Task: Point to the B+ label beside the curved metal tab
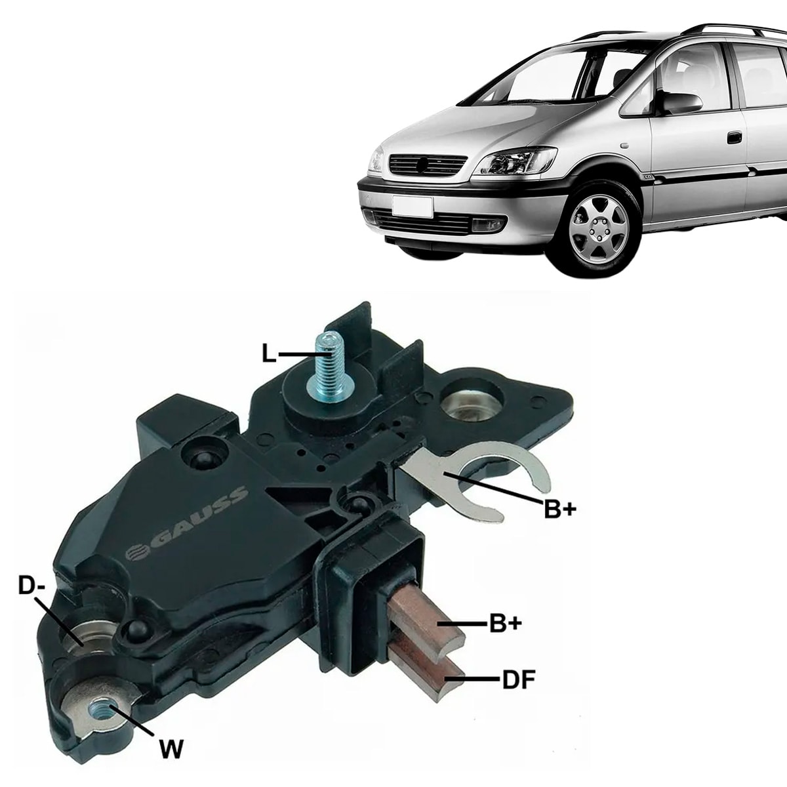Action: point(560,510)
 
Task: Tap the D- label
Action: point(31,586)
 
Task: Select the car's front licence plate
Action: point(412,207)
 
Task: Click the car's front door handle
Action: point(735,138)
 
